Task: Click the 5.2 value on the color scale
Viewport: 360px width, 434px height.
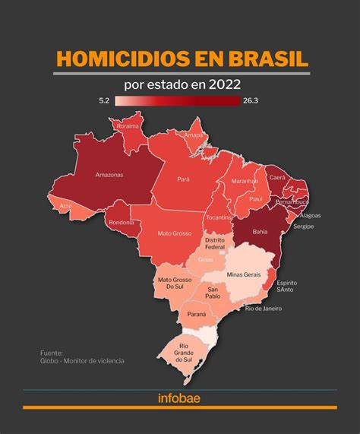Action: click(105, 100)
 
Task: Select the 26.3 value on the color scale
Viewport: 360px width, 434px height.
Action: click(251, 100)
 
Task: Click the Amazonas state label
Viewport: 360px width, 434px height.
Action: click(109, 174)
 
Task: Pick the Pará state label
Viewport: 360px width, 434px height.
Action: click(183, 179)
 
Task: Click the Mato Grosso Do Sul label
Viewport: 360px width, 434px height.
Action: click(173, 284)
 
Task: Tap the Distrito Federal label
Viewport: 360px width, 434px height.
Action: click(216, 244)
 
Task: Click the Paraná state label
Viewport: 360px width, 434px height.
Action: click(197, 313)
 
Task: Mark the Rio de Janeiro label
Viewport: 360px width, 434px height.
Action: click(264, 308)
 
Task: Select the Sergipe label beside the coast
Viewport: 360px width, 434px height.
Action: click(304, 227)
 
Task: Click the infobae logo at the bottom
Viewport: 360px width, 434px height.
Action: click(179, 398)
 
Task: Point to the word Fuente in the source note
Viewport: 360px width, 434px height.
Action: click(52, 353)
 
